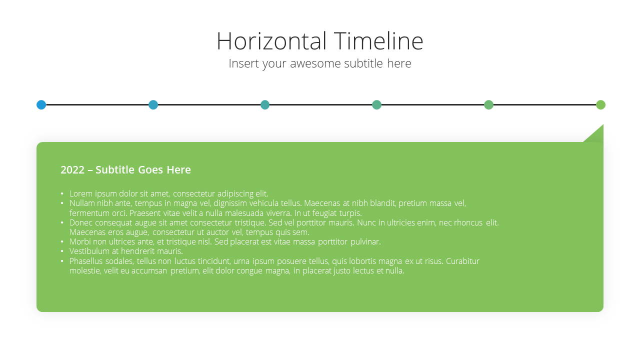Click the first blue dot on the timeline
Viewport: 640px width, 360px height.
click(41, 105)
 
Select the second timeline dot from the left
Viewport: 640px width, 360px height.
click(153, 105)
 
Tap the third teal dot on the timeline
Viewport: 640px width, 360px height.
click(265, 105)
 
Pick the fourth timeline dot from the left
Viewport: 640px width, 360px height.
click(376, 105)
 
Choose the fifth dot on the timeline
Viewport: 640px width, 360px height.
click(488, 105)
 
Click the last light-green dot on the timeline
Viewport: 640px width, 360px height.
click(600, 105)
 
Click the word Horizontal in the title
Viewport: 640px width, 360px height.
click(271, 41)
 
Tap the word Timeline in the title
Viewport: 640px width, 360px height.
click(378, 41)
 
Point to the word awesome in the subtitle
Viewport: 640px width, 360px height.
click(315, 63)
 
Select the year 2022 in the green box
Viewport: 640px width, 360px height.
click(72, 169)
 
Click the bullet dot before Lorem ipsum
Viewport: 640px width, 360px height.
click(62, 193)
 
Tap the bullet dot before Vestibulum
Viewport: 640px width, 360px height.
click(62, 251)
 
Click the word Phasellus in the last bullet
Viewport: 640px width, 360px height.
click(85, 261)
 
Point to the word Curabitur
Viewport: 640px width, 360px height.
click(462, 261)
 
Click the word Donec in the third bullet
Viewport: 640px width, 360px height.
click(80, 222)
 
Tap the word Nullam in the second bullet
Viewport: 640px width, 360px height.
click(81, 203)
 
